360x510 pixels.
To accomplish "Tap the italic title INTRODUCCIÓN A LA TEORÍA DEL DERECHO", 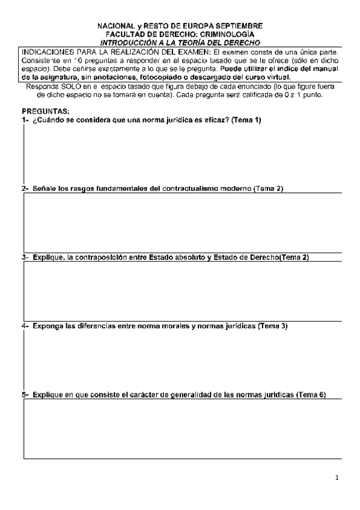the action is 180,43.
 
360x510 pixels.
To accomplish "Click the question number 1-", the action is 25,120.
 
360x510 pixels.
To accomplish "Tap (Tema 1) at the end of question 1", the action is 246,120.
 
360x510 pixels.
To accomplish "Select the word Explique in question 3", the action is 49,257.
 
